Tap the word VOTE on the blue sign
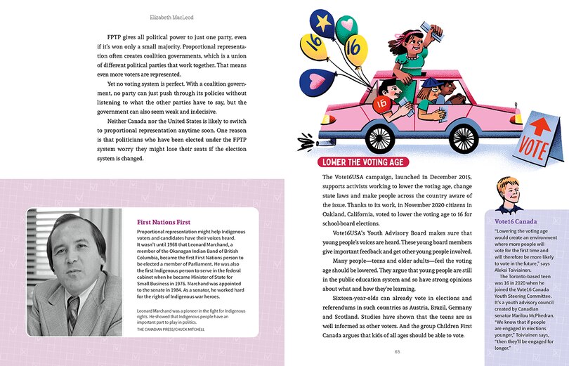[x=534, y=148]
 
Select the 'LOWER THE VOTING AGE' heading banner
[x=362, y=162]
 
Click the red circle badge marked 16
[x=382, y=103]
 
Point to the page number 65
[x=398, y=351]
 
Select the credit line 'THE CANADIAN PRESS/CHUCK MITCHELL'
[x=171, y=329]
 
